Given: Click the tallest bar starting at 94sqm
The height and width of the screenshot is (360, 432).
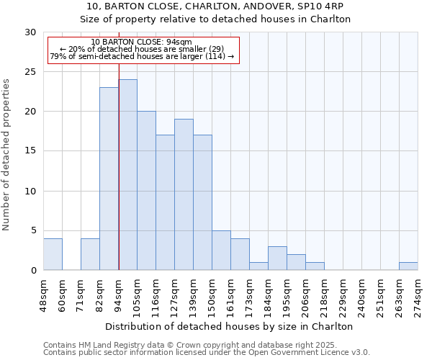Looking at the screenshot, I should (127, 175).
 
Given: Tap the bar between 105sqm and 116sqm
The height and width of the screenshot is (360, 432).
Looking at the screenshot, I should (146, 191).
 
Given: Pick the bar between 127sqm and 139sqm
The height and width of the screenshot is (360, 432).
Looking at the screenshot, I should (184, 194).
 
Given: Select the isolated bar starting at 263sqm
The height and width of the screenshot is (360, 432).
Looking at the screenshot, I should (408, 266).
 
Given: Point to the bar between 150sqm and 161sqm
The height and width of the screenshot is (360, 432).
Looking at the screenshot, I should (221, 251).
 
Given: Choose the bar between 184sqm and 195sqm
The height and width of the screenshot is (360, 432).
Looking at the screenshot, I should (277, 258).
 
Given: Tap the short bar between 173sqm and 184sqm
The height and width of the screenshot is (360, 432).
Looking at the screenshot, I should (258, 266).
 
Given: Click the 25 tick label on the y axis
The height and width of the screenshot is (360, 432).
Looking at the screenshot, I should (30, 72).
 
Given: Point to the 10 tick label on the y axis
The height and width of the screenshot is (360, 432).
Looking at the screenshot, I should (30, 192).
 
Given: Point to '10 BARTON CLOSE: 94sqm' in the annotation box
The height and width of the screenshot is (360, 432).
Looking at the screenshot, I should (141, 42).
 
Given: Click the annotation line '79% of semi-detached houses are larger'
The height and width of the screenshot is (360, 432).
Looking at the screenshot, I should (142, 56).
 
